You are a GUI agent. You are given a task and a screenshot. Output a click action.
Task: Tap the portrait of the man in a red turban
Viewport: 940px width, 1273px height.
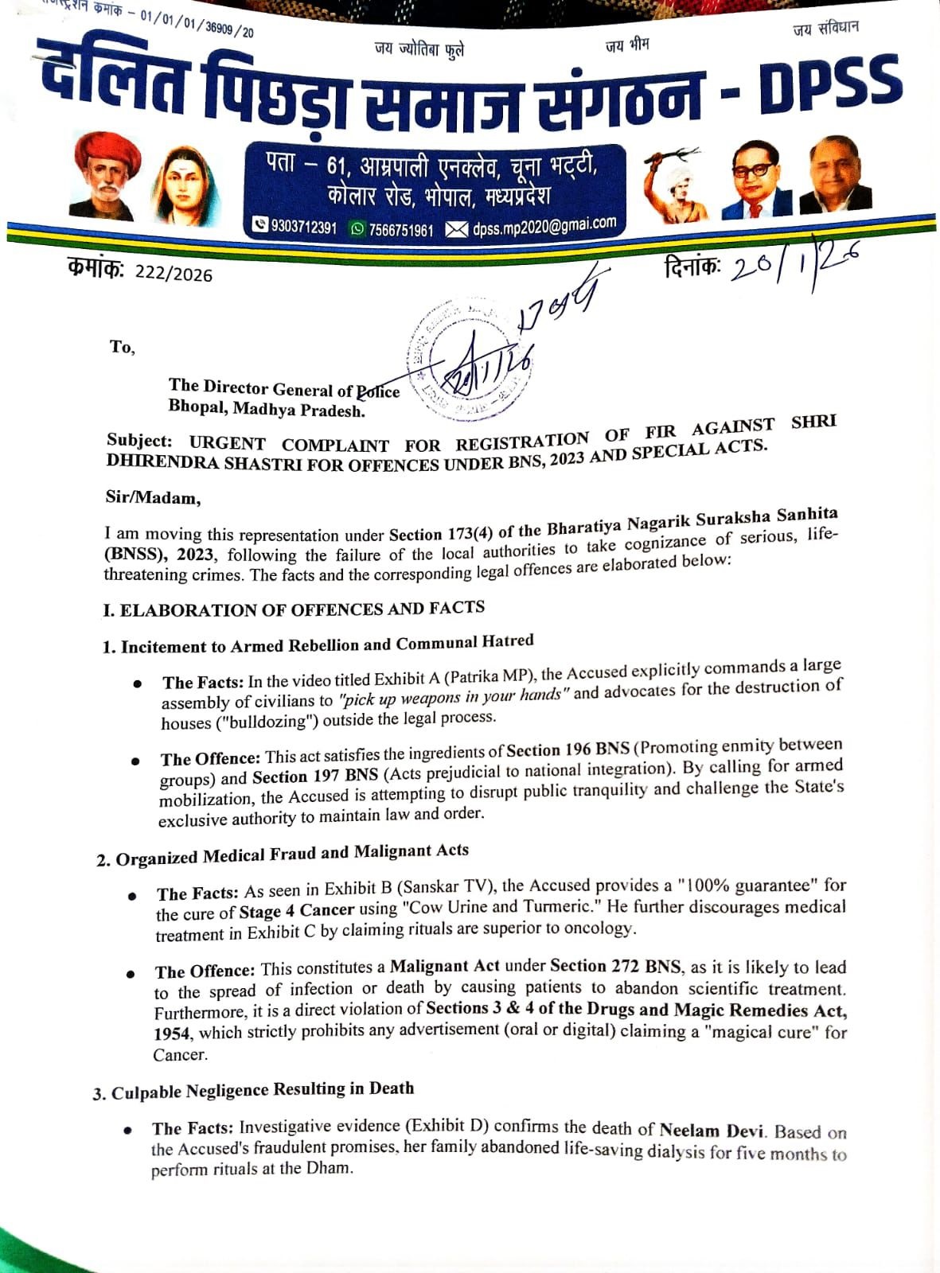point(107,176)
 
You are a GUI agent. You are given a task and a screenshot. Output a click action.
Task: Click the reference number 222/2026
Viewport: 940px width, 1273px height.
point(174,274)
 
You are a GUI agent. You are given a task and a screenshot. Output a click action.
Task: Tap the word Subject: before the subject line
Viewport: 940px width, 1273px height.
point(139,441)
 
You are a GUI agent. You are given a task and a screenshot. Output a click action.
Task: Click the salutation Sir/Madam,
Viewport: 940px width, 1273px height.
point(153,498)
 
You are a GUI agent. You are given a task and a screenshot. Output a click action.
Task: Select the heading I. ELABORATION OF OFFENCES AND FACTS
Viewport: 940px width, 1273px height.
point(294,609)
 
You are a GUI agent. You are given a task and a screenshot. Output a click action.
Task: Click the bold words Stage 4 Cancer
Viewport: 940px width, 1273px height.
point(297,910)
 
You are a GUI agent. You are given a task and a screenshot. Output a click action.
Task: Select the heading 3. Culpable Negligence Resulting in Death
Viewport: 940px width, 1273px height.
point(254,1091)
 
